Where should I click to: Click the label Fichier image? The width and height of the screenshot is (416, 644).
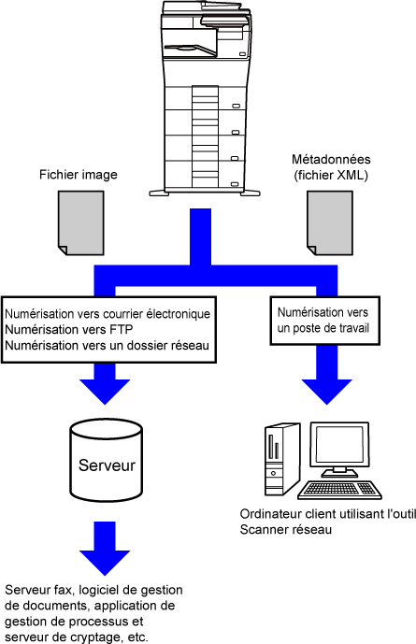[x=79, y=175]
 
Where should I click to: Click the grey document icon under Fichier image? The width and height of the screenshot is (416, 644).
[x=81, y=223]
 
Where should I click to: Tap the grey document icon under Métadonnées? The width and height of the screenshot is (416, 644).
[x=330, y=223]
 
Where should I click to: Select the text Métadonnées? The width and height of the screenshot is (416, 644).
[x=331, y=159]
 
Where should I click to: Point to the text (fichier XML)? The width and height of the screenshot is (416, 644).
[x=331, y=176]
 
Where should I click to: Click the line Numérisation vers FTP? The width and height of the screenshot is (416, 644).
[x=69, y=329]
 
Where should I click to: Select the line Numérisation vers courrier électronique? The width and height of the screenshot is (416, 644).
[x=108, y=314]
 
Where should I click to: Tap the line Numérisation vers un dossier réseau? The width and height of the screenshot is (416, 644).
[x=108, y=346]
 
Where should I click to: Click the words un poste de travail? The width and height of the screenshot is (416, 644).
[x=323, y=328]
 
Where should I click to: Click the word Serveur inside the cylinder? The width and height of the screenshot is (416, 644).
[x=107, y=465]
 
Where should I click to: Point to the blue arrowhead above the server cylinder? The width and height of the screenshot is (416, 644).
[x=105, y=392]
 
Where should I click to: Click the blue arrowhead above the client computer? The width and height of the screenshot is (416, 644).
[x=327, y=392]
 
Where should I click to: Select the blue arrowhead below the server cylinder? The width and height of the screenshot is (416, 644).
[x=105, y=563]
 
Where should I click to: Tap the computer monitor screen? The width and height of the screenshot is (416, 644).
[x=339, y=445]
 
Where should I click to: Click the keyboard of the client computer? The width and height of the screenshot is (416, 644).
[x=339, y=490]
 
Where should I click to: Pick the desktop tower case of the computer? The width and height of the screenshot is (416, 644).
[x=281, y=459]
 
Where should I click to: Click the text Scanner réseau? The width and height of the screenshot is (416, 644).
[x=286, y=529]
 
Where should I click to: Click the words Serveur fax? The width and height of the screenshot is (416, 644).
[x=39, y=590]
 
